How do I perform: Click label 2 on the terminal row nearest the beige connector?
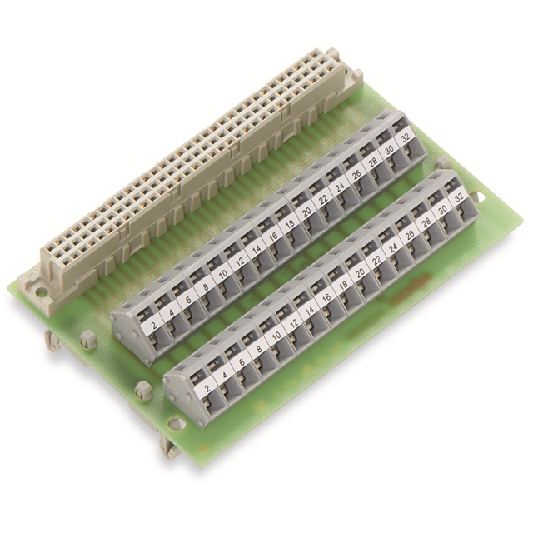(155, 326)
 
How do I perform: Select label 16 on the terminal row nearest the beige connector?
(273, 237)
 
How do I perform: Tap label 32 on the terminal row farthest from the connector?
(459, 199)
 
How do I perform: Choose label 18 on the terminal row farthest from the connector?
(343, 285)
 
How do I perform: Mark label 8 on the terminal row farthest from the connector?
(259, 350)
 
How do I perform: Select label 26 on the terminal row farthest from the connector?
(410, 235)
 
